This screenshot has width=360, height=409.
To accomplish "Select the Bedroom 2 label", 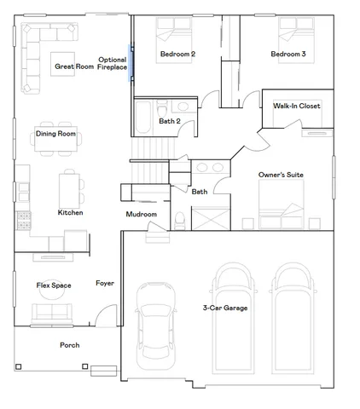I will pyautogui.click(x=177, y=55).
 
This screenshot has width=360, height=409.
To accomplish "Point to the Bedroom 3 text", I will pyautogui.click(x=288, y=55).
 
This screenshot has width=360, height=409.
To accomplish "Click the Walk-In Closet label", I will pyautogui.click(x=296, y=106).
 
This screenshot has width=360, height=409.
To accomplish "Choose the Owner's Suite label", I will pyautogui.click(x=281, y=175).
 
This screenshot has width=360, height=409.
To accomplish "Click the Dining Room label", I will pyautogui.click(x=55, y=134).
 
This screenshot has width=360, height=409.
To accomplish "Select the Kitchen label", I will pyautogui.click(x=70, y=212).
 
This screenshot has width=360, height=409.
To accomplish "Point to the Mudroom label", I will pyautogui.click(x=142, y=214).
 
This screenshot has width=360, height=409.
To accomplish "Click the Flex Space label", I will pyautogui.click(x=53, y=285).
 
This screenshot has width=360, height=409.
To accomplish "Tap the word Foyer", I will pyautogui.click(x=105, y=283).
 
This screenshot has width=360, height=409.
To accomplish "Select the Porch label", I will pyautogui.click(x=69, y=345).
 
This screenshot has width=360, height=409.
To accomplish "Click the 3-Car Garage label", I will pyautogui.click(x=225, y=308).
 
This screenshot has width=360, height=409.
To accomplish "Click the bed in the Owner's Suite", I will pyautogui.click(x=281, y=207).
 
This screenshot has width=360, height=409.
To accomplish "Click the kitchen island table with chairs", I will pyautogui.click(x=70, y=186).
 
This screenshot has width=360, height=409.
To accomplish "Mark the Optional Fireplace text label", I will pyautogui.click(x=113, y=63).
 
